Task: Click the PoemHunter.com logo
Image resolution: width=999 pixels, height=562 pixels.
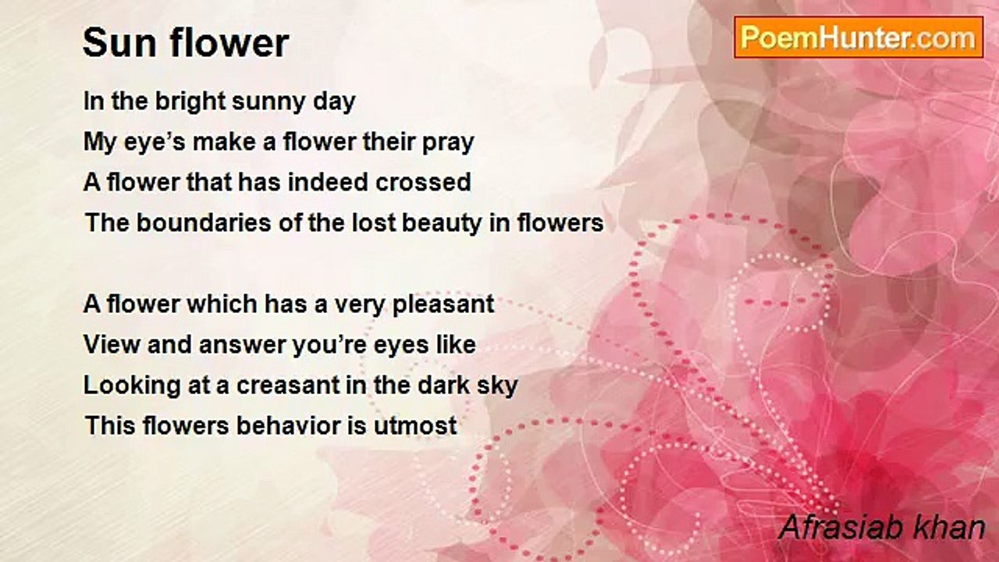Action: (x=859, y=37)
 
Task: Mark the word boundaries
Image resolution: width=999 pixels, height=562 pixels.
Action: (x=204, y=222)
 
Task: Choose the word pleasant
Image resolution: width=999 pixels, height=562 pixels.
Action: (x=443, y=304)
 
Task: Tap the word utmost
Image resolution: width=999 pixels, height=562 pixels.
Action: (x=415, y=426)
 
